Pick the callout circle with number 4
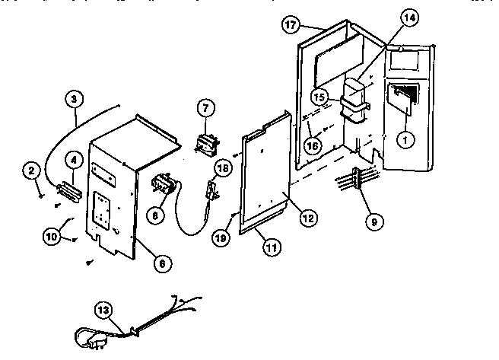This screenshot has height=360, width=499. click(x=73, y=160)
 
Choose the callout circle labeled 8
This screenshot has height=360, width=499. click(x=156, y=216)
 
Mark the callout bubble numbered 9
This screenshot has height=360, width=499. click(x=374, y=223)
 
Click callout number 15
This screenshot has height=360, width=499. click(x=319, y=97)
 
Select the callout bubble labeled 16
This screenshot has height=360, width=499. click(x=313, y=145)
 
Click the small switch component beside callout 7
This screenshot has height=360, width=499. click(x=205, y=142)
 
